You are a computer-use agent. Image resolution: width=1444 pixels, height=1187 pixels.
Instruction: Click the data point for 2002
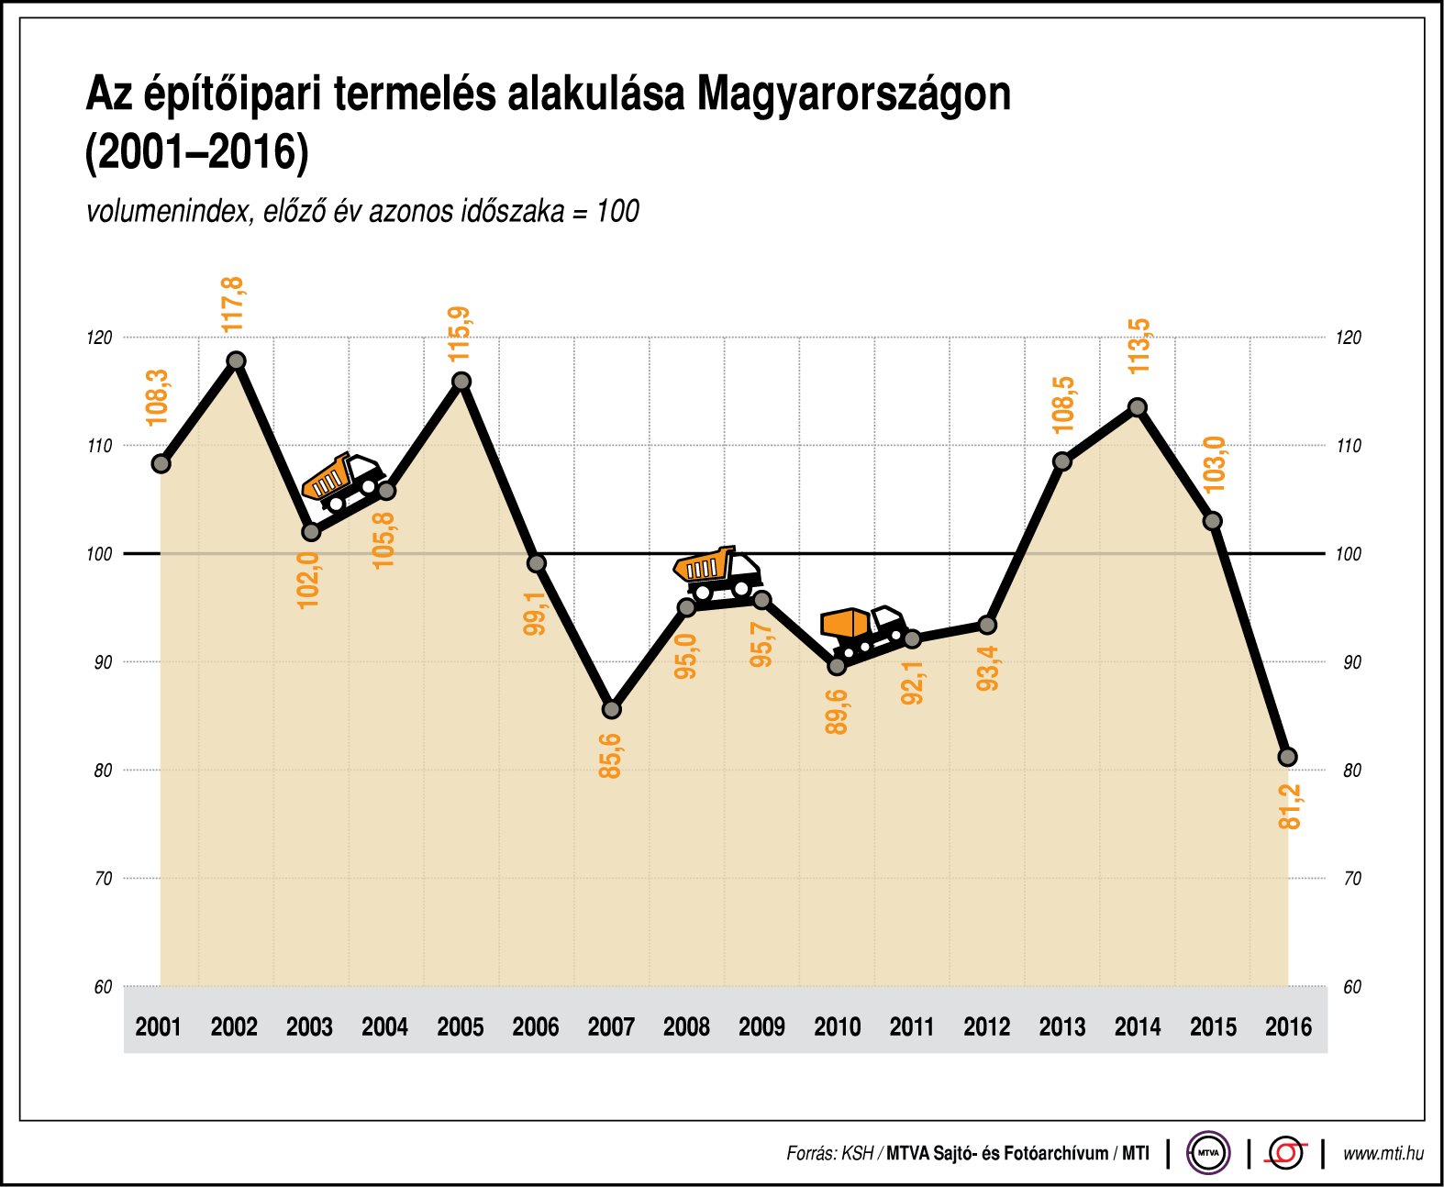pos(236,361)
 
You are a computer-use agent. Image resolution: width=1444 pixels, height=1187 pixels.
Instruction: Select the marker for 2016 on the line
pos(1287,757)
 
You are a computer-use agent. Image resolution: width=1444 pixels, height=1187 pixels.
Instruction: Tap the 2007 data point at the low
pos(612,709)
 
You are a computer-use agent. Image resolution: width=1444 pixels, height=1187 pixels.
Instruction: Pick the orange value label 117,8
pos(233,305)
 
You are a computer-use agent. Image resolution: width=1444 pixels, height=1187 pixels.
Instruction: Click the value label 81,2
pos(1290,807)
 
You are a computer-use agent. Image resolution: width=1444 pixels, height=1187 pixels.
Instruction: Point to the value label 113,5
pos(1139,346)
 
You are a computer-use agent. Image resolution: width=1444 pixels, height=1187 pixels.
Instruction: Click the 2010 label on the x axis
pos(837,1026)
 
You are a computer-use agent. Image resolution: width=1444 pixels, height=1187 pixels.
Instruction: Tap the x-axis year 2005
pos(460,1026)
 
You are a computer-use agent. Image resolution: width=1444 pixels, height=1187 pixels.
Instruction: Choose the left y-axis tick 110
pos(99,446)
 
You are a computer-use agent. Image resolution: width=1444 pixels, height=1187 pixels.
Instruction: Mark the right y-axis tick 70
pos(1352,879)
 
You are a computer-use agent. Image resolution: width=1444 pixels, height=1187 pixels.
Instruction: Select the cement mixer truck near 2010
pos(862,631)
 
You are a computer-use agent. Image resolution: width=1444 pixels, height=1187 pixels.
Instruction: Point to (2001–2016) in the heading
pos(196,152)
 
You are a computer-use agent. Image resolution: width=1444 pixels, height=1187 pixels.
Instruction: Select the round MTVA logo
pos(1208,1152)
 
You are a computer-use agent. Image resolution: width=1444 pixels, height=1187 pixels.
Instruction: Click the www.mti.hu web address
pos(1383,1153)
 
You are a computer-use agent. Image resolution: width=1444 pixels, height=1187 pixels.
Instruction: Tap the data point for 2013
pos(1062,461)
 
